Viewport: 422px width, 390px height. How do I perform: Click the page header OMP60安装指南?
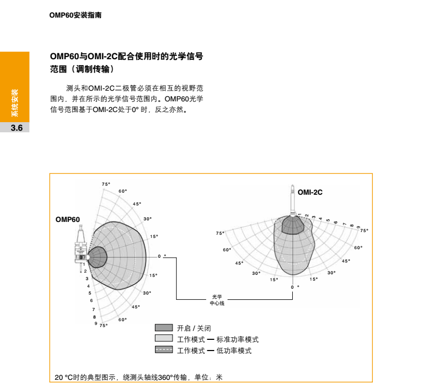75,16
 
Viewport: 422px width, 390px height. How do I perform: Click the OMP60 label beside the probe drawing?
68,219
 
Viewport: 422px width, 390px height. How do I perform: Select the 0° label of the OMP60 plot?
161,257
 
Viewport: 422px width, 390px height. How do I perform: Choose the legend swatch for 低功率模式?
164,350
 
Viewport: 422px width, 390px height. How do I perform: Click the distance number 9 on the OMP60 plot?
96,323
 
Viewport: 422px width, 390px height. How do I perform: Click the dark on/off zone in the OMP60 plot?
97,257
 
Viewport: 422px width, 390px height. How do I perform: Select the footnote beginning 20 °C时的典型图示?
138,377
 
